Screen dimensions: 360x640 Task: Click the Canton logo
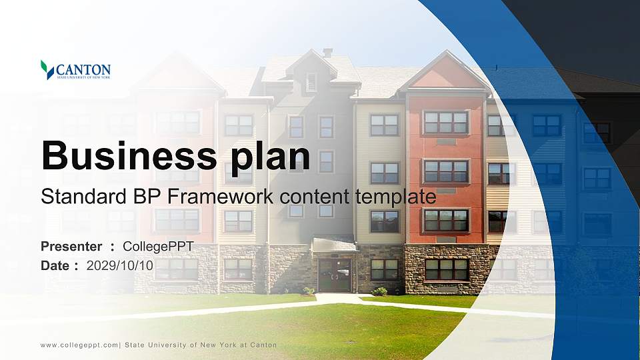pos(75,70)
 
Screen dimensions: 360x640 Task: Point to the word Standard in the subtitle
pos(75,197)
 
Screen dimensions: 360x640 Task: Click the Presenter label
pos(71,247)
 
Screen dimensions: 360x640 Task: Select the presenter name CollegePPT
pos(158,247)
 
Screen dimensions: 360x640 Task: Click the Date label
pos(55,265)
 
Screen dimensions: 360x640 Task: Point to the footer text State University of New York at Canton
pos(201,345)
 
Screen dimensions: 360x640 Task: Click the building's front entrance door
pos(335,275)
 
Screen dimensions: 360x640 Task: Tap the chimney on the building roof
pos(327,53)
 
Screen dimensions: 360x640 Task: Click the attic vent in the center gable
pos(311,82)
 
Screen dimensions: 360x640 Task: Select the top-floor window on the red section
pos(446,122)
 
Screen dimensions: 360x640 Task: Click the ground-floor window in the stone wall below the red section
pos(446,269)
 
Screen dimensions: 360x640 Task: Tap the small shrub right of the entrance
pos(379,291)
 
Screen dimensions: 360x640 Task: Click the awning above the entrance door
pos(335,245)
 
